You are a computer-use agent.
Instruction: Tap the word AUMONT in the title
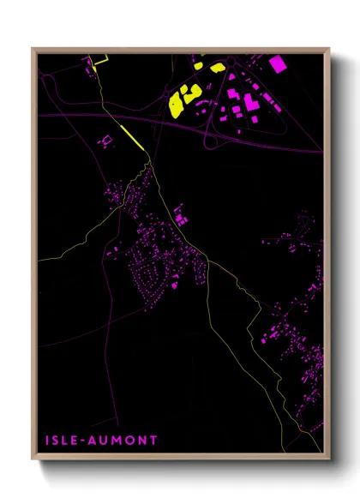click(123, 441)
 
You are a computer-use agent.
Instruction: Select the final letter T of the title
click(153, 441)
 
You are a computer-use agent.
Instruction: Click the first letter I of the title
click(48, 441)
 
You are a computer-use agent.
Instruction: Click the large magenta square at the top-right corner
click(278, 63)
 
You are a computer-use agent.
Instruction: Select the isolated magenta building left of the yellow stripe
click(106, 139)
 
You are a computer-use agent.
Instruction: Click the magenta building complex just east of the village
click(179, 214)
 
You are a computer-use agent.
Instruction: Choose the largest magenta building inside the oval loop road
click(251, 104)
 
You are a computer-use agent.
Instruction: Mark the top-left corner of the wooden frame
click(33, 49)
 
